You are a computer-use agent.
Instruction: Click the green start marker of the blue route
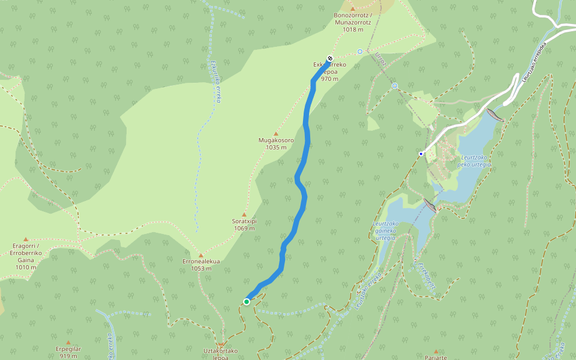(x=247, y=301)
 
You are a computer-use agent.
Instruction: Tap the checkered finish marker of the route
(x=329, y=59)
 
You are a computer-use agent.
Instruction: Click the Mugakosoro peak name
(x=275, y=140)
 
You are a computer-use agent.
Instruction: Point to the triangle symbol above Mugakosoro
(x=276, y=133)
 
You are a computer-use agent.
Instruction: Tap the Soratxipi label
(x=244, y=221)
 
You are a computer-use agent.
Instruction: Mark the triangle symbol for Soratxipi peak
(x=244, y=214)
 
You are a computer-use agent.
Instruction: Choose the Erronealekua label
(x=201, y=262)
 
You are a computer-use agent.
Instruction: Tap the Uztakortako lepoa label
(x=221, y=353)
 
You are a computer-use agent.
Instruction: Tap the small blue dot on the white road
(x=421, y=154)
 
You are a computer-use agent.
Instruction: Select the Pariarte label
(x=436, y=357)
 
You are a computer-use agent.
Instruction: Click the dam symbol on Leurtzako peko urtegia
(x=495, y=115)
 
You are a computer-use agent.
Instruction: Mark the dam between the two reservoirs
(x=430, y=205)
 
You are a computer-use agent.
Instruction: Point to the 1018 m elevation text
(x=353, y=29)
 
